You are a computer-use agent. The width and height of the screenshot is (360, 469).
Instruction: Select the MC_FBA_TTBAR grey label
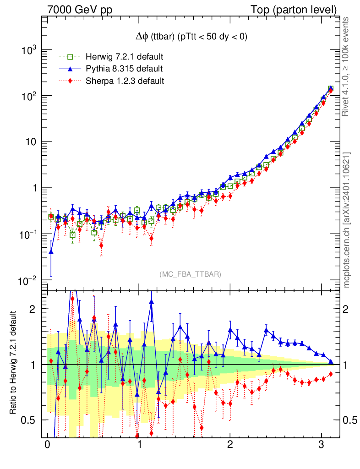(x=191, y=274)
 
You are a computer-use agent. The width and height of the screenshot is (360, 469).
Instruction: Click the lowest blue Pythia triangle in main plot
(x=51, y=252)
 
